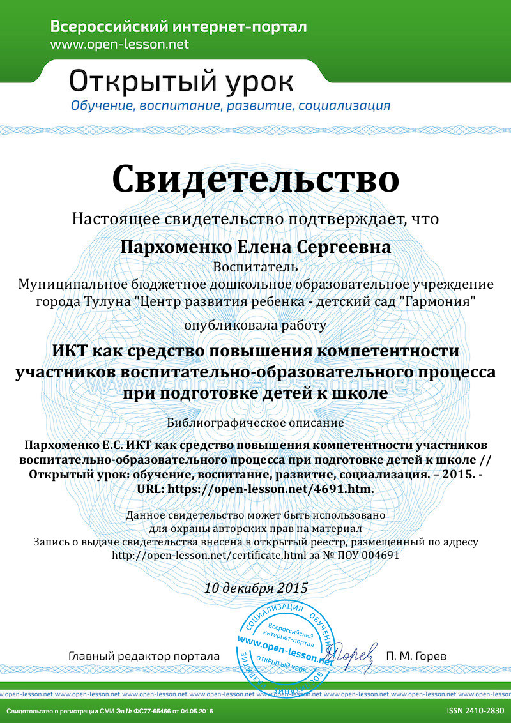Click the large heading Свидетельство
coord(256,179)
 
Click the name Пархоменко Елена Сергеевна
coord(256,247)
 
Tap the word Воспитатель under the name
coord(256,266)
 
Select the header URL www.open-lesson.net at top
coord(119,44)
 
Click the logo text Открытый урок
coord(181,81)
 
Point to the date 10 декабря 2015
coord(256,588)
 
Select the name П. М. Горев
coord(416,657)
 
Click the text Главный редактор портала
coord(144,657)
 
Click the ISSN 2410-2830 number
coord(475,711)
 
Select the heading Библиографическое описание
coord(256,422)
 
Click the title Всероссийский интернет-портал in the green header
coord(178,27)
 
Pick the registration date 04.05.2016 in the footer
coord(195,711)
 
